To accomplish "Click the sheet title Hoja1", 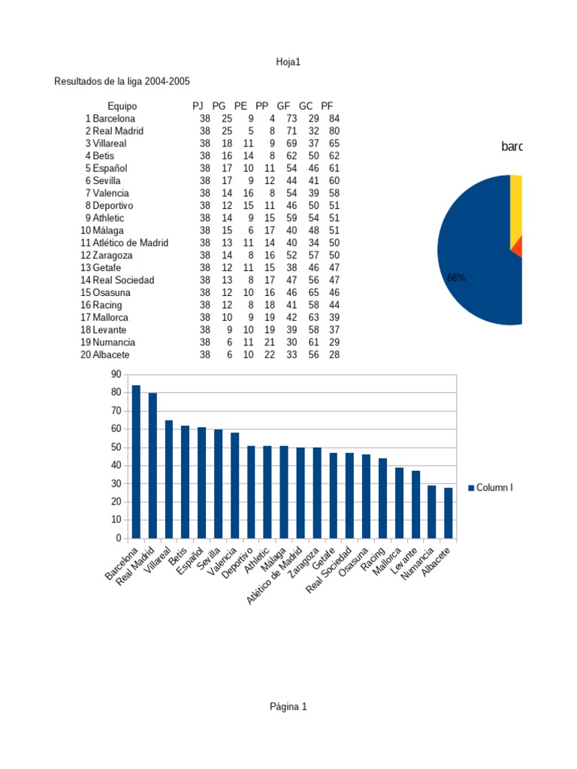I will click(288, 62).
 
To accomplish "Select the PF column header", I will click(327, 106).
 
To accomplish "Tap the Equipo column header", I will click(122, 106).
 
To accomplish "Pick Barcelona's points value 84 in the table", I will click(334, 119).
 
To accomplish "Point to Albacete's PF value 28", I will click(334, 354).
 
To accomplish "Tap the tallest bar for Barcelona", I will click(136, 461).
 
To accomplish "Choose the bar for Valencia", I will click(235, 485).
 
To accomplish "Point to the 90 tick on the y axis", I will click(115, 374).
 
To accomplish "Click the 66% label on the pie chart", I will click(456, 277).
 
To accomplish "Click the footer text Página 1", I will click(288, 707).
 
